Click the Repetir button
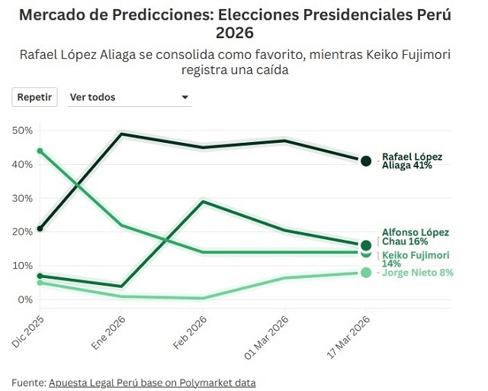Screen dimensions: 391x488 (34, 97)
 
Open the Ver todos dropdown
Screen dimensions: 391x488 (128, 97)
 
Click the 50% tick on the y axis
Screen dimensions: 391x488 (23, 131)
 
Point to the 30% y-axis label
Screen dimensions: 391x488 (23, 198)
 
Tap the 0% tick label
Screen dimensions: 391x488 (26, 299)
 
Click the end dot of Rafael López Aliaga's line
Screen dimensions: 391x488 (366, 161)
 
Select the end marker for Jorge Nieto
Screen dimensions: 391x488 (366, 273)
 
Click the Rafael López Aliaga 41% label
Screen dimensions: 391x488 (412, 161)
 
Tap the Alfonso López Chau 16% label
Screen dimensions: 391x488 (415, 237)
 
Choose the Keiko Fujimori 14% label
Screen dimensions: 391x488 (415, 259)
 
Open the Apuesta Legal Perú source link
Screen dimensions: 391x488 (152, 382)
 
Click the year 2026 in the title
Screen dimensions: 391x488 (235, 33)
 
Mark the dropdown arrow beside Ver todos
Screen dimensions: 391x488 (185, 98)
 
